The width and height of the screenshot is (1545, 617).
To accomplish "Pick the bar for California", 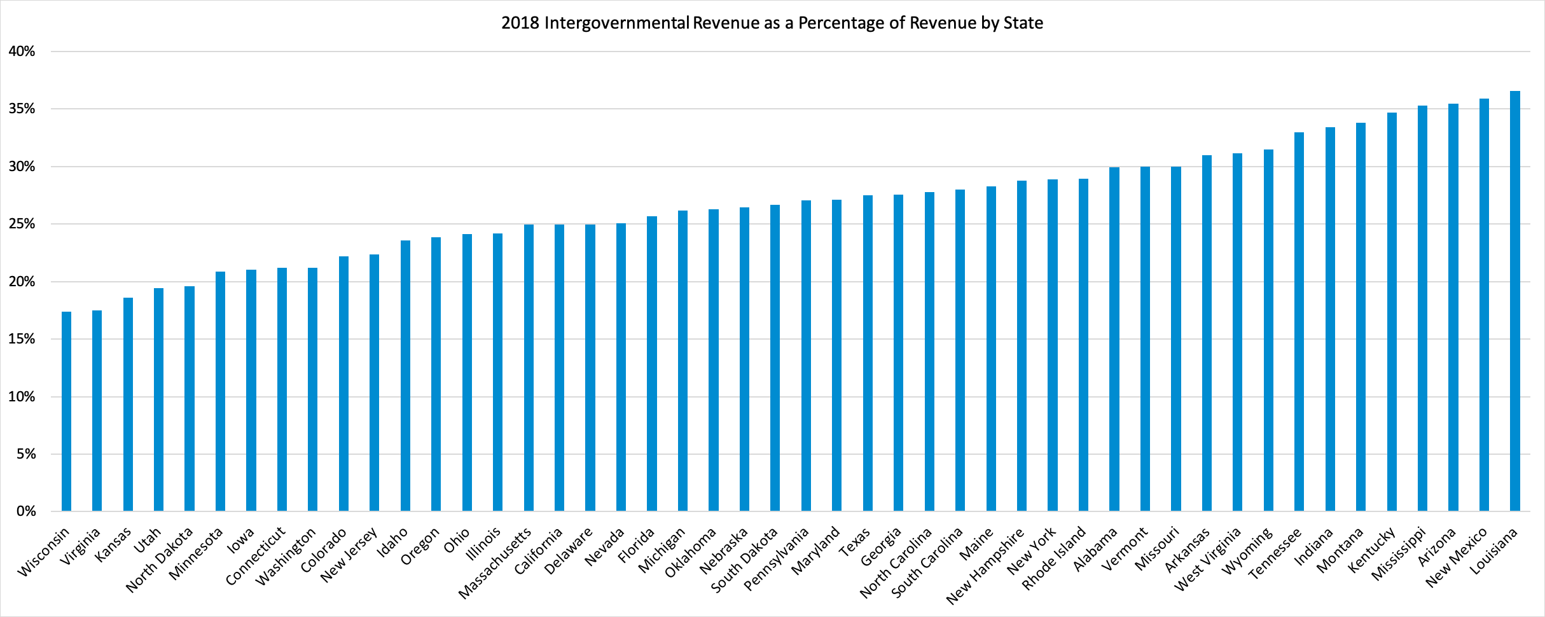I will (559, 368).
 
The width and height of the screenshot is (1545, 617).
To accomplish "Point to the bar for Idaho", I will (405, 376).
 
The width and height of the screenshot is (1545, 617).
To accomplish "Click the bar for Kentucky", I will (1392, 312).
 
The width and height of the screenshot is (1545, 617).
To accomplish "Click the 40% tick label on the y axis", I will (22, 52).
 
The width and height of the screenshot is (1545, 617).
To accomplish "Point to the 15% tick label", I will (22, 339).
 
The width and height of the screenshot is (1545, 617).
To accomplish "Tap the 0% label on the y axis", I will (25, 511).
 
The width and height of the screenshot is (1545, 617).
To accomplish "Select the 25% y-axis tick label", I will (22, 224).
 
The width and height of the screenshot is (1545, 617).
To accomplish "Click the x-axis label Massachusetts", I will (495, 564).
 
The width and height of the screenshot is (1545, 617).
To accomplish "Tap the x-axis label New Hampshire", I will (985, 566).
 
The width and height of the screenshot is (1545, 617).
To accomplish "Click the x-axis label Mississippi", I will (1398, 554).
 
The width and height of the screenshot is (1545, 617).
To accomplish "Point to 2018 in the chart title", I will (520, 23).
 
